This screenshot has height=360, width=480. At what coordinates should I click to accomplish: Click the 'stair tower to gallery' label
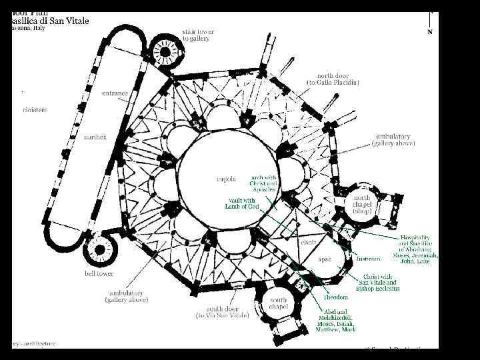[x=196, y=35]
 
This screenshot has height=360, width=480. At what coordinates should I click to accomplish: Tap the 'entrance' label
[x=115, y=93]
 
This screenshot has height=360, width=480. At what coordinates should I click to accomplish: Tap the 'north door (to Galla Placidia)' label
[x=333, y=79]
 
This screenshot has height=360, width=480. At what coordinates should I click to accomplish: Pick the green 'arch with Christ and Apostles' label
[x=264, y=183]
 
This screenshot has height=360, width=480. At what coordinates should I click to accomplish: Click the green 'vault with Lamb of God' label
[x=241, y=203]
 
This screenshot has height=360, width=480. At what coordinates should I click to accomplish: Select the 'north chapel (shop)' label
[x=362, y=204]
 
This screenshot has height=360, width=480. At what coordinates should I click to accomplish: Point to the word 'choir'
[x=308, y=242]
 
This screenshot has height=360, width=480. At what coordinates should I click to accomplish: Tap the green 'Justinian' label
[x=368, y=259]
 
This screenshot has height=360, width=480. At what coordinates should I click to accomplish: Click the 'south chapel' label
[x=278, y=304]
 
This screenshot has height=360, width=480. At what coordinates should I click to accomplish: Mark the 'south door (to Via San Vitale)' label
[x=223, y=311]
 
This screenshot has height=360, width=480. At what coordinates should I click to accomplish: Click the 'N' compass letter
[x=429, y=31]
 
